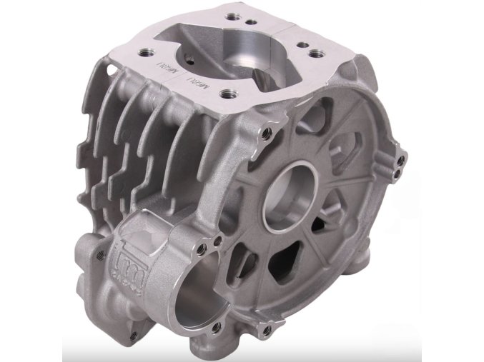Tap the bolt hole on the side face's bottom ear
pyautogui.click(x=267, y=330)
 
